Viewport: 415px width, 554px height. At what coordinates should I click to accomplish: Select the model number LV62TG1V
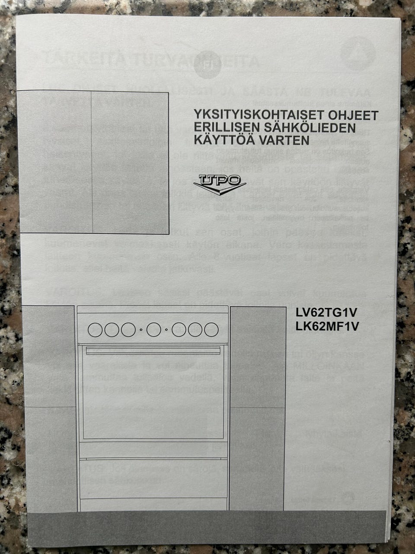pyautogui.click(x=328, y=312)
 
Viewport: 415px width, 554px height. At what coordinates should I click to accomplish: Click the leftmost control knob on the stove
pyautogui.click(x=95, y=330)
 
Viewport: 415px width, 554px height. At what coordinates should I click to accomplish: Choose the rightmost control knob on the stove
pyautogui.click(x=211, y=330)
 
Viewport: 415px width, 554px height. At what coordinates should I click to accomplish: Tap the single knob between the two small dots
pyautogui.click(x=153, y=330)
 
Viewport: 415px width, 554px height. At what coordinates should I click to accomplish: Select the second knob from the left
pyautogui.click(x=112, y=330)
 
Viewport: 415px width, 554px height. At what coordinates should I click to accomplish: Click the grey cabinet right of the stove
pyautogui.click(x=257, y=407)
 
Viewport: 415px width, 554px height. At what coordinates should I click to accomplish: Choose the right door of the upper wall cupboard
pyautogui.click(x=130, y=162)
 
